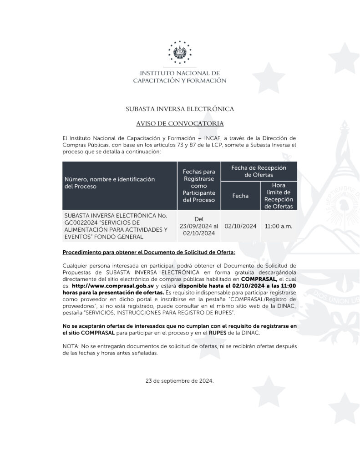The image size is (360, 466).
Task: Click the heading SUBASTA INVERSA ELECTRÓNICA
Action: tap(180, 109)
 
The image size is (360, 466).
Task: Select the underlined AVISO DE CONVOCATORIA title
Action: tap(180, 123)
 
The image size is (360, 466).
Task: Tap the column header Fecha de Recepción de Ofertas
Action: tap(259, 171)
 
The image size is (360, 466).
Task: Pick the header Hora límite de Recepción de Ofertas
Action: tap(278, 196)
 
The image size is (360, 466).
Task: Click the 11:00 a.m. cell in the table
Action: tap(278, 226)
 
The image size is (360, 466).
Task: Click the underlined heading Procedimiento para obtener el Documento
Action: tap(149, 252)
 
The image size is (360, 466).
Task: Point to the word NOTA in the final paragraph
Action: tap(71, 346)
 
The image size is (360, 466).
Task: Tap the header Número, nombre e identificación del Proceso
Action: tap(109, 182)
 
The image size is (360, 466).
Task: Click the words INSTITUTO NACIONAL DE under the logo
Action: tap(180, 73)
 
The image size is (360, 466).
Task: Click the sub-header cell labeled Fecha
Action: tap(240, 196)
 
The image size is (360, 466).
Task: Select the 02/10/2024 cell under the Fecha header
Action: tap(240, 226)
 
